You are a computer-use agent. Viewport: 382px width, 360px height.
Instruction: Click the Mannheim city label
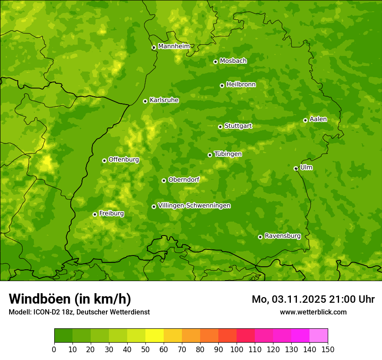click(x=174, y=46)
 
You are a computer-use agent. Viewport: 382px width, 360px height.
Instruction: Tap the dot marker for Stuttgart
click(x=220, y=127)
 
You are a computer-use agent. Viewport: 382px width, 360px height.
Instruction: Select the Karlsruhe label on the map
click(x=164, y=100)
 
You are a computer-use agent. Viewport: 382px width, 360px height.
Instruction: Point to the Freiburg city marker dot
click(x=95, y=214)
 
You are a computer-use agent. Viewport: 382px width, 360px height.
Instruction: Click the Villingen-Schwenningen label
click(x=194, y=206)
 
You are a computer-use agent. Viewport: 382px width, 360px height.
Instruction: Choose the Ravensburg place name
click(x=282, y=236)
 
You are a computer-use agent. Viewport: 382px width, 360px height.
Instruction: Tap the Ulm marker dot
click(x=296, y=168)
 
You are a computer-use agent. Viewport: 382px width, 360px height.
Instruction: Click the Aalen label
click(x=318, y=119)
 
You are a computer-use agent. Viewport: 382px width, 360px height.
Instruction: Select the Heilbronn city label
click(x=241, y=85)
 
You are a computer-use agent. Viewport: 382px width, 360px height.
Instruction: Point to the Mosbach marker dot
click(x=215, y=62)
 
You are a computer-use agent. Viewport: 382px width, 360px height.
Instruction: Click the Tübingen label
click(x=228, y=154)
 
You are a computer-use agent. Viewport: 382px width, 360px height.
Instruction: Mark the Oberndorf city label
click(x=184, y=180)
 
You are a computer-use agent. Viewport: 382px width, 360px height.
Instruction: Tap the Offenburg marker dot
click(x=104, y=160)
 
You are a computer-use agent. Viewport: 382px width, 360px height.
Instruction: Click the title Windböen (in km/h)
click(x=70, y=299)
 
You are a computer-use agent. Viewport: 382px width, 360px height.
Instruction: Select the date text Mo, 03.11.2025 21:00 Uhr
click(x=313, y=299)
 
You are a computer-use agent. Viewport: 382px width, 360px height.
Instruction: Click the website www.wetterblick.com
click(x=313, y=312)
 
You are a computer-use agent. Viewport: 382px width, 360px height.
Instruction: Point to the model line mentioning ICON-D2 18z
click(x=79, y=312)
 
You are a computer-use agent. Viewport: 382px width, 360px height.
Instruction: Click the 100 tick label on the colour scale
click(x=237, y=349)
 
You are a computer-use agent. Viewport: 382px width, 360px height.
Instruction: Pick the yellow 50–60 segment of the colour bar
click(x=155, y=335)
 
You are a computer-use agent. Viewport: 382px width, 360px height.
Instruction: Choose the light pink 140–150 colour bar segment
click(x=319, y=335)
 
